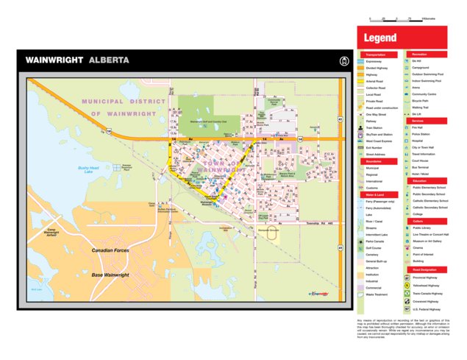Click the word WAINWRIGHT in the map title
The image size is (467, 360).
pyautogui.click(x=54, y=60)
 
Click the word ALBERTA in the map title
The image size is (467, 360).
pyautogui.click(x=109, y=60)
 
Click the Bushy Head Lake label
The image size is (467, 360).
pyautogui.click(x=88, y=169)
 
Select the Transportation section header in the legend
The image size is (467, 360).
pyautogui.click(x=377, y=54)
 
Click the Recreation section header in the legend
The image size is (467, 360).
pyautogui.click(x=421, y=54)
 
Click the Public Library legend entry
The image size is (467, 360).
pyautogui.click(x=422, y=228)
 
